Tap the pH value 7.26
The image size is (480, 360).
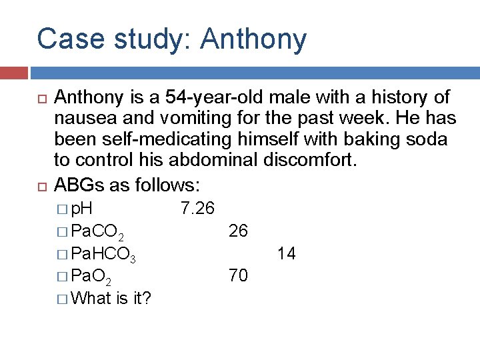pos(197,209)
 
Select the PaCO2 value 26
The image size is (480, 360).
pos(238,231)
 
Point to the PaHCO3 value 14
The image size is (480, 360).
pos(287,253)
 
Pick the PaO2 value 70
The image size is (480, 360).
pos(238,275)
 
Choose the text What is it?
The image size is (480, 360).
pos(110,298)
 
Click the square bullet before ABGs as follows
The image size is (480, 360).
pos(40,183)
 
